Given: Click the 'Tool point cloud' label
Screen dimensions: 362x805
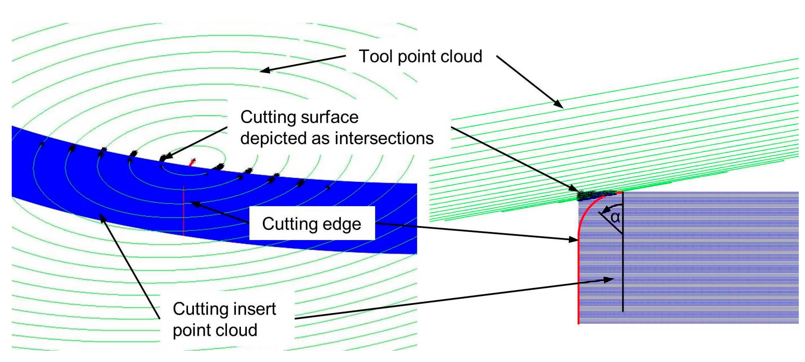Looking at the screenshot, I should pos(420,57).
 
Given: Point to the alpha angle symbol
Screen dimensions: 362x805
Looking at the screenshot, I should pos(615,217).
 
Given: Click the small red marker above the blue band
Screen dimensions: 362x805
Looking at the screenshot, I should pos(192,162).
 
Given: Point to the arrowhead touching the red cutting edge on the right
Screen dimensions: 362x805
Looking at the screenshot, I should pos(573,239).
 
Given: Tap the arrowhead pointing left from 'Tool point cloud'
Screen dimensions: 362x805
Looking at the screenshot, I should pos(264,70).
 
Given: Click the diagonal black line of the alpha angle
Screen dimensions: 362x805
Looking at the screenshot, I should pos(611,223).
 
